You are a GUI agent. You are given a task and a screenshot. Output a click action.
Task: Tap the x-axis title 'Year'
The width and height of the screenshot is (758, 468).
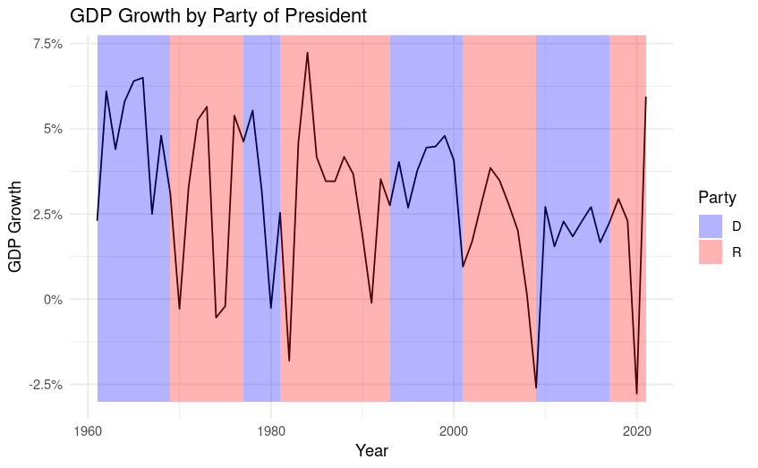371,450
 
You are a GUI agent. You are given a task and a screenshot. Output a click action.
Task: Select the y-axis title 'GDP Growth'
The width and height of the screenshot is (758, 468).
15,218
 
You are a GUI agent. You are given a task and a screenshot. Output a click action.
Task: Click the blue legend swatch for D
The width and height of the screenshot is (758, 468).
711,226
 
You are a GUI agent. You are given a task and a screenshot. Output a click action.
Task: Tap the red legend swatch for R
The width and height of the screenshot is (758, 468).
711,251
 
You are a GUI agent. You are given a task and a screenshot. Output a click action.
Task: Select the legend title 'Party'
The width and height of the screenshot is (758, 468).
718,198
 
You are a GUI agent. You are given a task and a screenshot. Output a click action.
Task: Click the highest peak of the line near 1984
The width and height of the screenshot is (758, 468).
307,53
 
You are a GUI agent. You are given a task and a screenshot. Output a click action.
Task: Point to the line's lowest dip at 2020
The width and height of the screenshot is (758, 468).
636,394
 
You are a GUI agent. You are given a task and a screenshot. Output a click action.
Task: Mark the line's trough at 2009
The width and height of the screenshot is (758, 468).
536,388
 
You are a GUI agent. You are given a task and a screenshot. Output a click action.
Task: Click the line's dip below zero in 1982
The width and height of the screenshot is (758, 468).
289,361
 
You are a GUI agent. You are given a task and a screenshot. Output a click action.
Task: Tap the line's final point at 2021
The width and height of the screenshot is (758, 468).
645,98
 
